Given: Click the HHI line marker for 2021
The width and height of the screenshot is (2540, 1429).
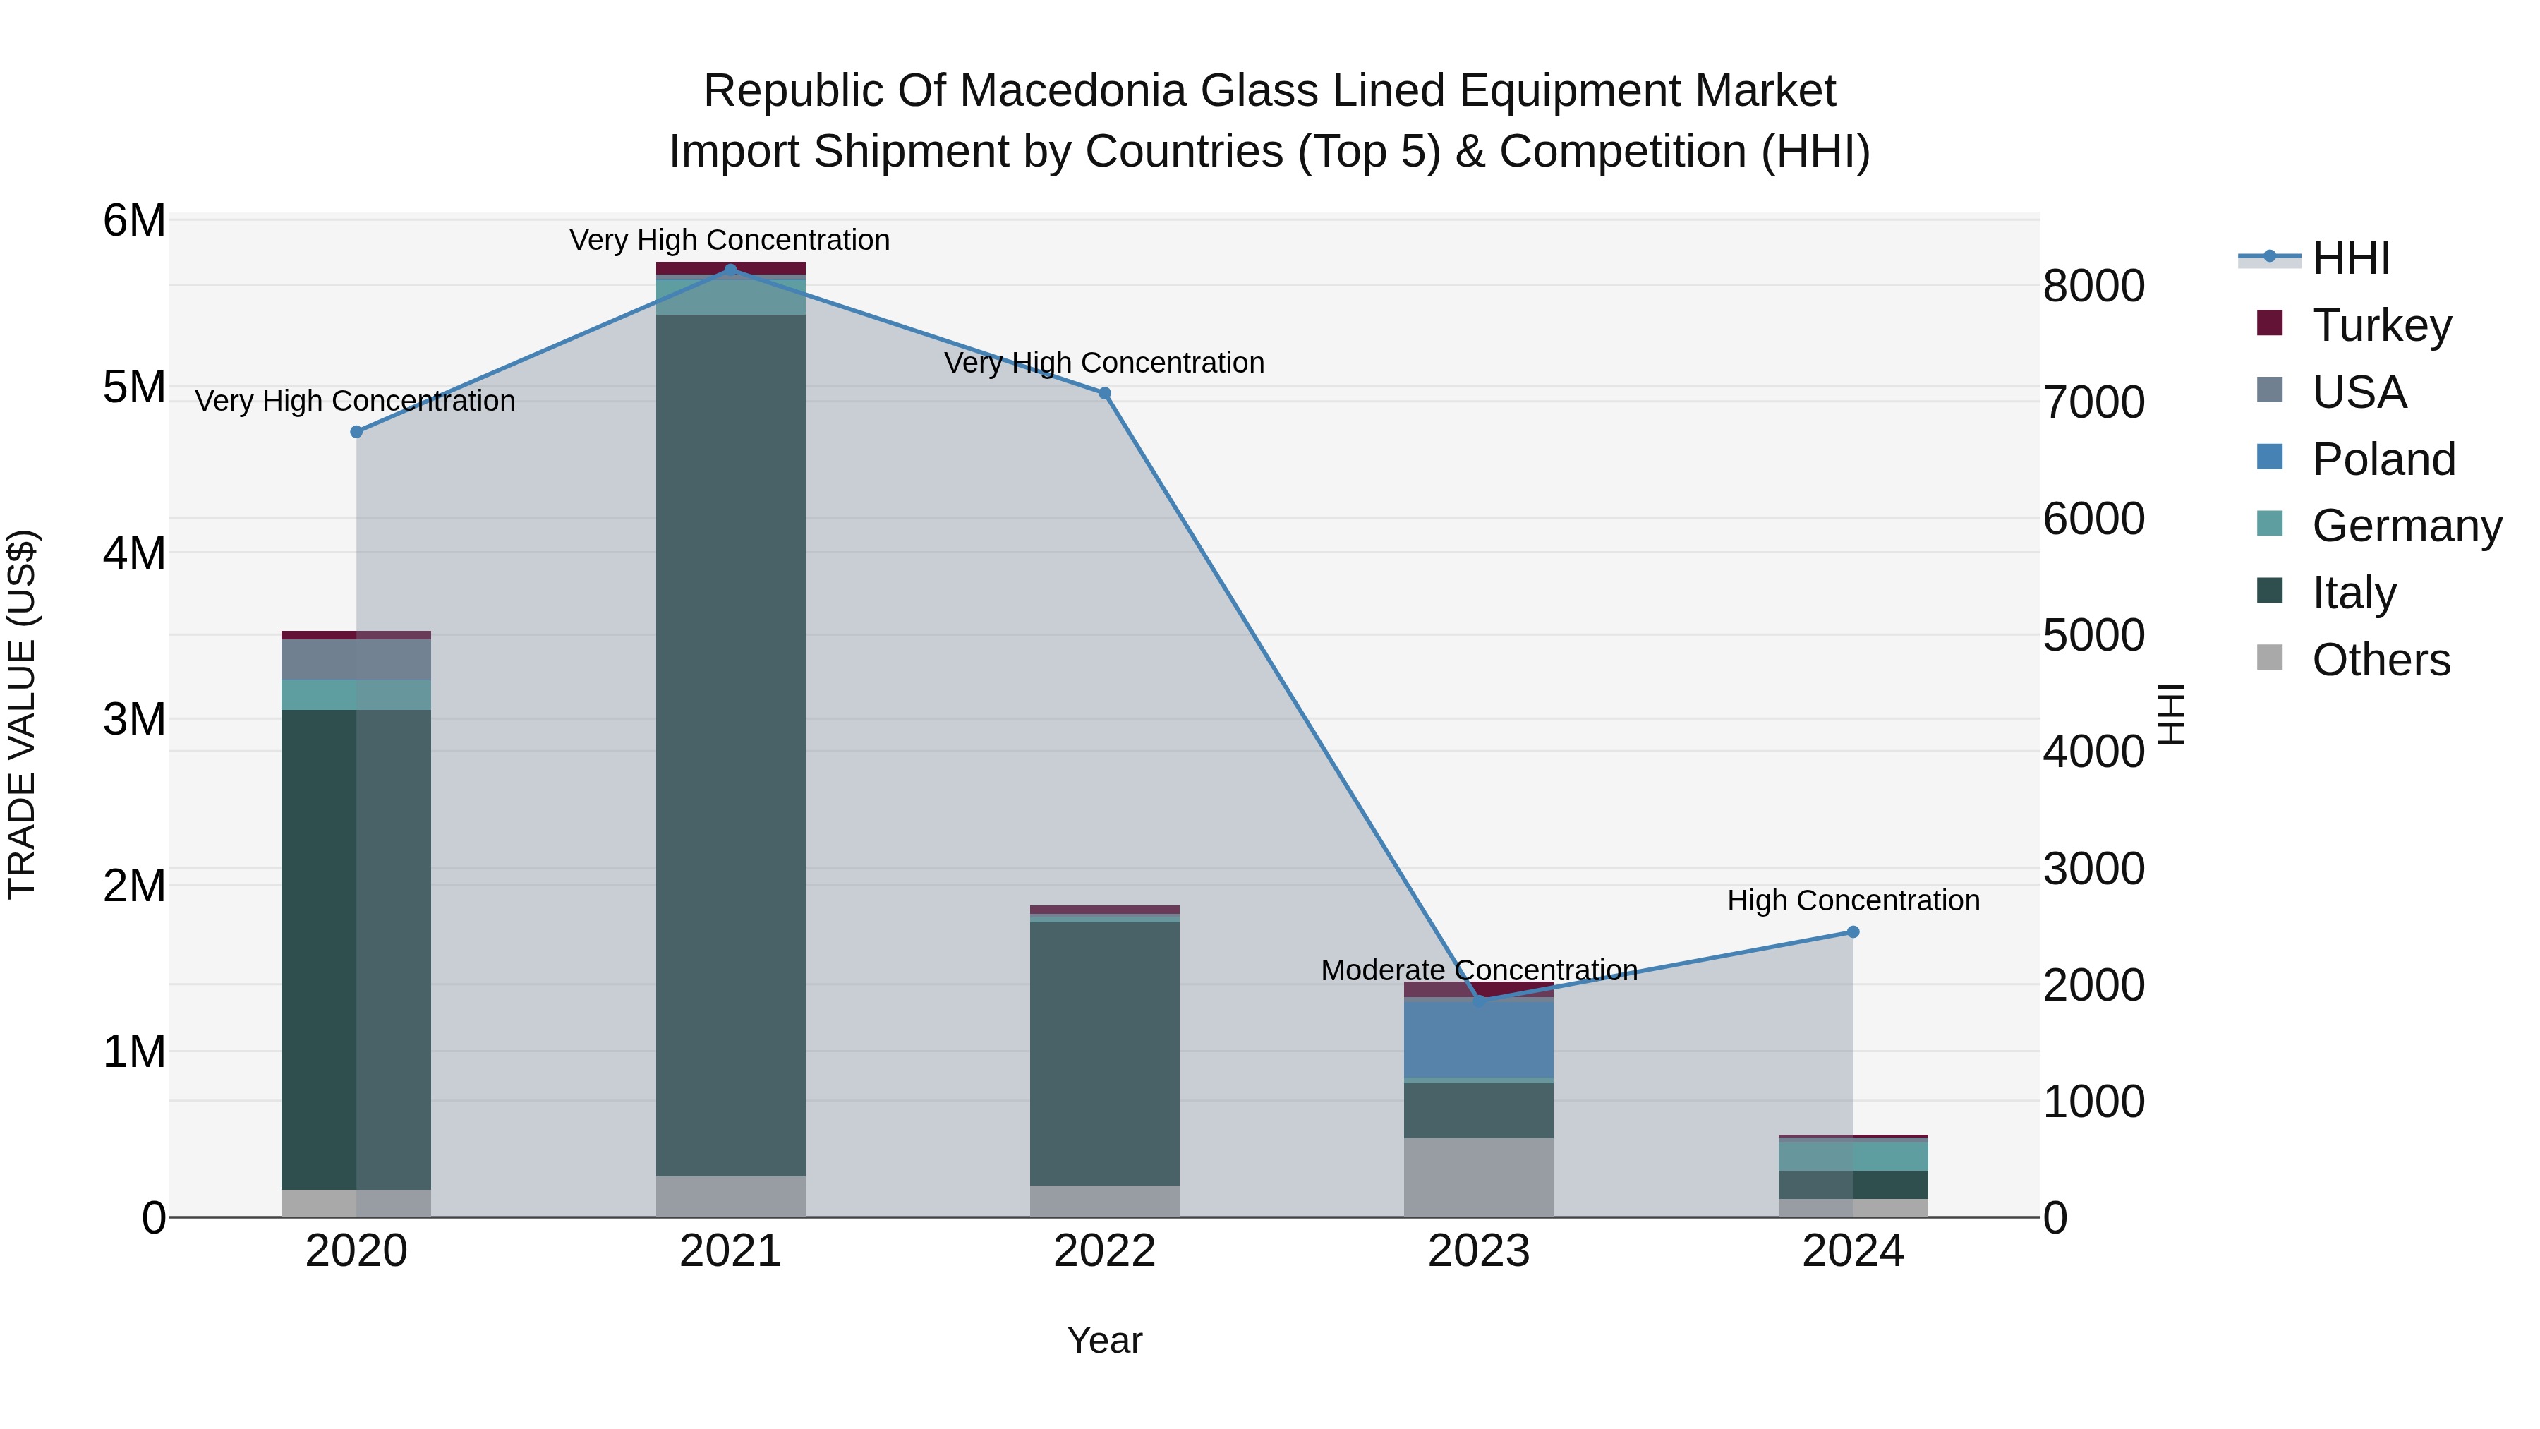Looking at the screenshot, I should coord(731,270).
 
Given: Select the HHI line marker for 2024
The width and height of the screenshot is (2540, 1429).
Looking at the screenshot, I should coord(1853,932).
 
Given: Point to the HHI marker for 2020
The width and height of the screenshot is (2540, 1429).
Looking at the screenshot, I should coord(357,432).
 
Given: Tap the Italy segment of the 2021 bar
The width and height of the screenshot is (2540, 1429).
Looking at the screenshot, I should coord(731,744).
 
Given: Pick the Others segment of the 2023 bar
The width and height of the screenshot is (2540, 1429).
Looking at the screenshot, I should coord(1478,1178).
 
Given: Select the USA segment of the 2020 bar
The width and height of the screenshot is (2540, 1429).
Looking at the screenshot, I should coord(356,660).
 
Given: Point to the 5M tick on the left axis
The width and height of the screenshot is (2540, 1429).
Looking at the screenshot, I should coord(135,387).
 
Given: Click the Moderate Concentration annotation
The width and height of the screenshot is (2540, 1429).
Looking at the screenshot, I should coord(1478,970).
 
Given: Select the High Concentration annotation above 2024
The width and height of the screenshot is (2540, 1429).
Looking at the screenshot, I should coord(1853,900).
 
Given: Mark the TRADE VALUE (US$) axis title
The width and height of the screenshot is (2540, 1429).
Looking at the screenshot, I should coord(23,714).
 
